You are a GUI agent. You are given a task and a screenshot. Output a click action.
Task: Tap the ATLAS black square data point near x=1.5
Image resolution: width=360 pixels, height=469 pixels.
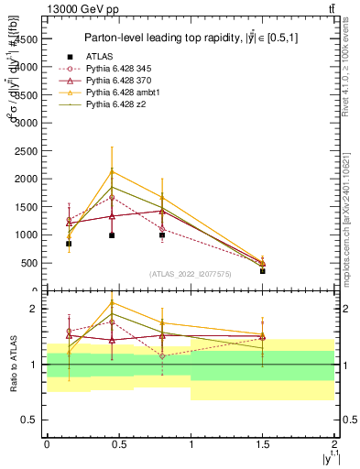[x=263, y=271]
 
